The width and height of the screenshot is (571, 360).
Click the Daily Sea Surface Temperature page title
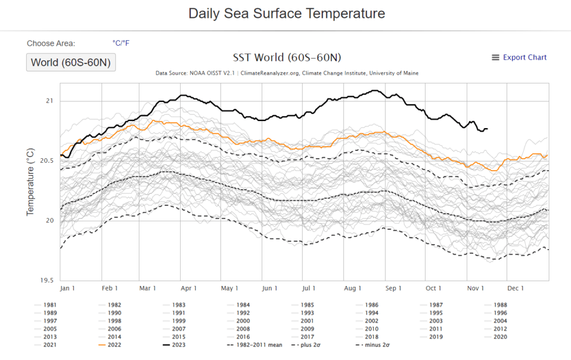tap(287, 13)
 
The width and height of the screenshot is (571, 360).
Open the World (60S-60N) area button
tap(71, 62)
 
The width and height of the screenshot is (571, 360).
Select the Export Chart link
tap(519, 57)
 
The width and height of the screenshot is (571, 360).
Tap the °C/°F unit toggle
tap(121, 43)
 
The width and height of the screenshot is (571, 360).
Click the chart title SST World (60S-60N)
tap(287, 58)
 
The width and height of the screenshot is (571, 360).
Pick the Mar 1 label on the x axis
tap(148, 288)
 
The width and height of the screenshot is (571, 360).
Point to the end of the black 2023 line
tap(487, 129)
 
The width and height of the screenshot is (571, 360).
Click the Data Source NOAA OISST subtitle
tap(287, 73)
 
